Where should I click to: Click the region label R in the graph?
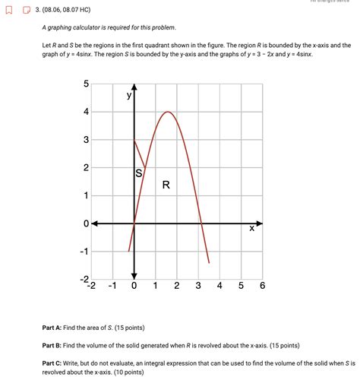click(x=166, y=184)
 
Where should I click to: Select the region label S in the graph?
click(x=139, y=173)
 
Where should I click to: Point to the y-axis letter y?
click(x=129, y=96)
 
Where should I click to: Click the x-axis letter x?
click(x=251, y=228)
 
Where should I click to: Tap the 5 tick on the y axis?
click(x=86, y=84)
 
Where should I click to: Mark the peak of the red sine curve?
click(x=168, y=112)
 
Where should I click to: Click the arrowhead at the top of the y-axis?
click(x=134, y=85)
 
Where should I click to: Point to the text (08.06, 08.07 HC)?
click(x=66, y=11)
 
